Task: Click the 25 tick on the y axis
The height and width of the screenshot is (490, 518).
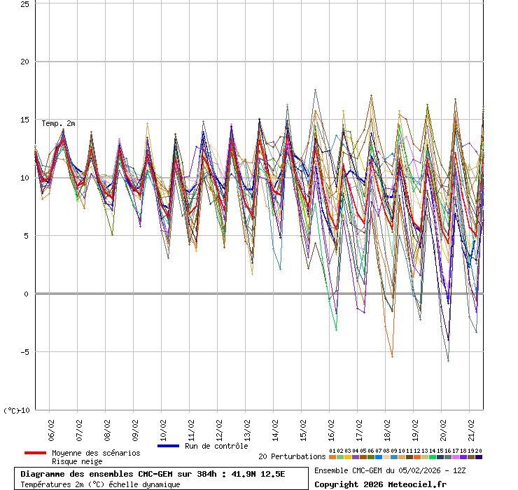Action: click(24, 3)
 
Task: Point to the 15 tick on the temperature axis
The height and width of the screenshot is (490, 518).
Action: click(24, 120)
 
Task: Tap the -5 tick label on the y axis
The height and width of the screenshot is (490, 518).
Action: click(23, 352)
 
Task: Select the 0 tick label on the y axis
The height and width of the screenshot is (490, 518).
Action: click(27, 294)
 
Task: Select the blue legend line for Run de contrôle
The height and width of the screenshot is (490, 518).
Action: click(169, 446)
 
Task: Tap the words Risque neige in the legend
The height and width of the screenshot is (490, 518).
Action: click(78, 462)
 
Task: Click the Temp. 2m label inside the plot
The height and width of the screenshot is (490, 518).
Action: click(58, 123)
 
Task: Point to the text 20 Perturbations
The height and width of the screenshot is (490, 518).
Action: click(292, 456)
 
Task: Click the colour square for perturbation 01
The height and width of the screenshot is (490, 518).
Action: click(332, 457)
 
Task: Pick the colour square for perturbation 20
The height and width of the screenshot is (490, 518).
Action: click(479, 457)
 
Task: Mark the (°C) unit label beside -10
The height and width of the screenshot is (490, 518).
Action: click(11, 410)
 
